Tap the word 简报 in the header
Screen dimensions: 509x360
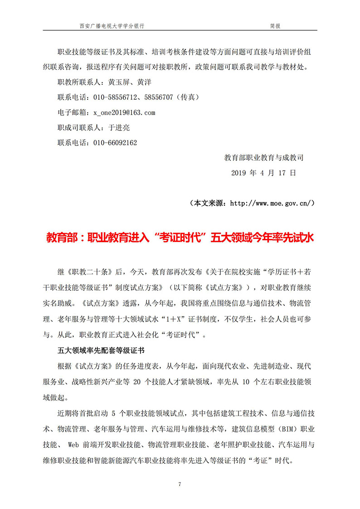tap(275, 26)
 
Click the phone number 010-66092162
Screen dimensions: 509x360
tap(115, 142)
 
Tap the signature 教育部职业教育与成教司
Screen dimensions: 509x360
tap(264, 158)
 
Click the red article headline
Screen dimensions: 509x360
tap(180, 238)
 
